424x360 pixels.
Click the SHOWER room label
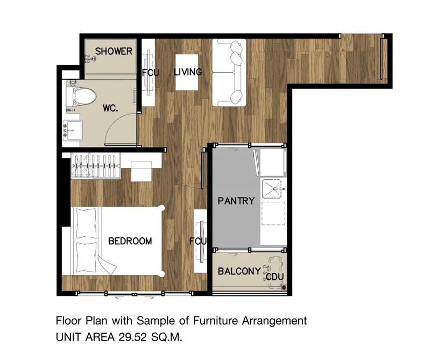(114, 51)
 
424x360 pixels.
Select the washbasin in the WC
(72, 130)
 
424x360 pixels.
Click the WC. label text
(110, 108)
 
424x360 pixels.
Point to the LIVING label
(188, 72)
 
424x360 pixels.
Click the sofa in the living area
(229, 73)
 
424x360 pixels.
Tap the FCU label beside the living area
(151, 73)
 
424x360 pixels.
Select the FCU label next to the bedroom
(197, 241)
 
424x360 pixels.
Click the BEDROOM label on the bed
(130, 241)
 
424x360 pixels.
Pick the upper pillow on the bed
(87, 223)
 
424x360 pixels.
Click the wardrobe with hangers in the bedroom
(95, 166)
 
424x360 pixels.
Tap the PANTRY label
(236, 201)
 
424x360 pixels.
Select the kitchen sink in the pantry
(273, 188)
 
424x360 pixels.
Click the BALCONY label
(239, 271)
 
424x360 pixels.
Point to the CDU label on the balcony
(275, 277)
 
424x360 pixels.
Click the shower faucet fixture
(90, 59)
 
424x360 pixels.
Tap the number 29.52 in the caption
(133, 337)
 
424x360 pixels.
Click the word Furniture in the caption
(216, 321)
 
